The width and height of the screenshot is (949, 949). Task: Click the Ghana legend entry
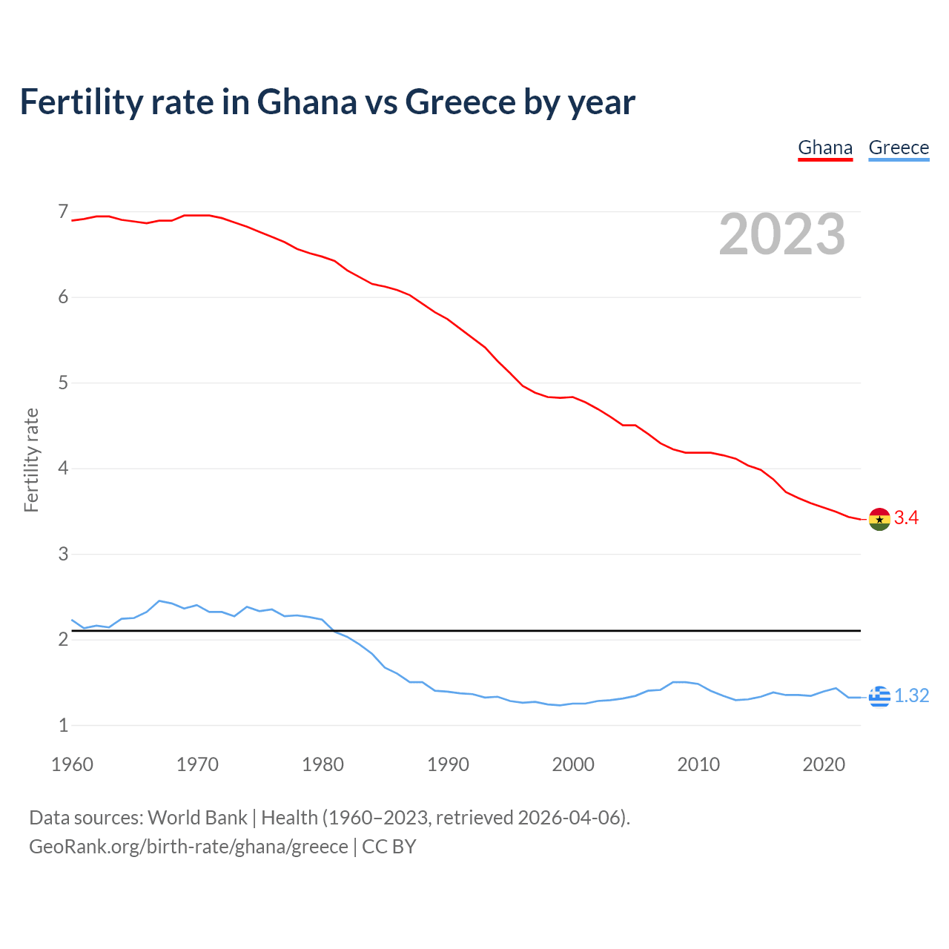pyautogui.click(x=824, y=148)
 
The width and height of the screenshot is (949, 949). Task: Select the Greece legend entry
pyautogui.click(x=898, y=148)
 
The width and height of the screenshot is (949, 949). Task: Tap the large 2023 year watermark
pyautogui.click(x=781, y=234)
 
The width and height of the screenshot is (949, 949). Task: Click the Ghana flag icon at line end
pyautogui.click(x=879, y=519)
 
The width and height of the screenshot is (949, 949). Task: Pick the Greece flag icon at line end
pyautogui.click(x=879, y=696)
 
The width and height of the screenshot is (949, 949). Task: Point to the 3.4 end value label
pyautogui.click(x=906, y=518)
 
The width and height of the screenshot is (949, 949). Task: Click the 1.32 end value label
pyautogui.click(x=911, y=695)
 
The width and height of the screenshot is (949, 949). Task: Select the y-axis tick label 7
pyautogui.click(x=63, y=212)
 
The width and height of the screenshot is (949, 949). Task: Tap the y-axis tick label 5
pyautogui.click(x=63, y=383)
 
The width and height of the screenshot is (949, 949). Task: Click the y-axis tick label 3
pyautogui.click(x=63, y=554)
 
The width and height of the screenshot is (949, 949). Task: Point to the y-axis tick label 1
pyautogui.click(x=63, y=725)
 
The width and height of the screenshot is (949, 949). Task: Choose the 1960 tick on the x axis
pyautogui.click(x=72, y=764)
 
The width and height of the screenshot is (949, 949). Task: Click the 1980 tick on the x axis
pyautogui.click(x=323, y=764)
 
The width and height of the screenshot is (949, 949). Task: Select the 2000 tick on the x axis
pyautogui.click(x=572, y=764)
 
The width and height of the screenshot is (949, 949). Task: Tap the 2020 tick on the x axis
pyautogui.click(x=823, y=764)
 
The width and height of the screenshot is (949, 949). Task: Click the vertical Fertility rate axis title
pyautogui.click(x=31, y=460)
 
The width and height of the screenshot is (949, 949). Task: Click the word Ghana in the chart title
pyautogui.click(x=306, y=102)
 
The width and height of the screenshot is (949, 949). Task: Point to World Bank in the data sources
pyautogui.click(x=197, y=818)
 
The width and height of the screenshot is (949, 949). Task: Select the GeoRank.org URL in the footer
pyautogui.click(x=188, y=847)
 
